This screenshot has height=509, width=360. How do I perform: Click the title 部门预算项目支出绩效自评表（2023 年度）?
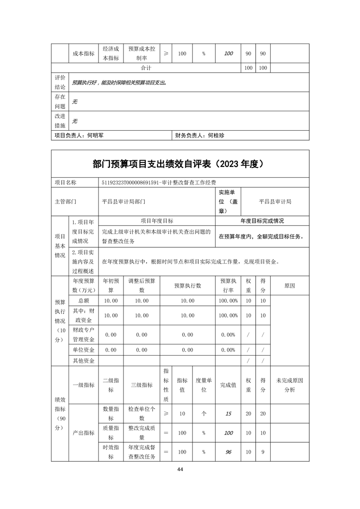[x=180, y=164]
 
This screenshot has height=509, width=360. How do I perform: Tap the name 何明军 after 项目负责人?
[x=95, y=135]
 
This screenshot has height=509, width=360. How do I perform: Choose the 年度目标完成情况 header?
[x=262, y=220]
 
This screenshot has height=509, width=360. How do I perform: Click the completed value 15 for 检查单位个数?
[x=228, y=413]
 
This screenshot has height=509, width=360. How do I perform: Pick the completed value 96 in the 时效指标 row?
[x=228, y=452]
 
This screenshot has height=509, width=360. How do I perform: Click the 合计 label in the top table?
[x=146, y=68]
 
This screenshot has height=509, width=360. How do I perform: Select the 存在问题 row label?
[x=60, y=101]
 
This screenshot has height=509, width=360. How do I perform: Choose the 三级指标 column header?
[x=142, y=385]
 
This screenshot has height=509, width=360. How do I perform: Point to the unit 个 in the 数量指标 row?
[x=204, y=413]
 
